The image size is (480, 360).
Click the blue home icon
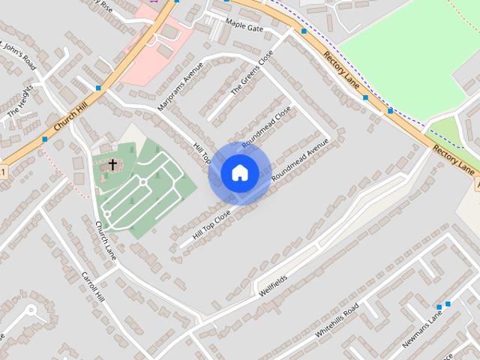[x=239, y=173]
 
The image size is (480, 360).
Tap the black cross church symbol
[x=112, y=163]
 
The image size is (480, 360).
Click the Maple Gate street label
[x=244, y=28]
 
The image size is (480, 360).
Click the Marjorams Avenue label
[x=179, y=87]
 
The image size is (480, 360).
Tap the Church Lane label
[x=106, y=235]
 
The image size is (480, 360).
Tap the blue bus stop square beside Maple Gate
[x=304, y=31]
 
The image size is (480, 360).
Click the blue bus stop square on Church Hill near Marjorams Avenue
[x=98, y=88]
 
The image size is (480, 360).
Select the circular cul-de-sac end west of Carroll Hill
[x=31, y=310]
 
